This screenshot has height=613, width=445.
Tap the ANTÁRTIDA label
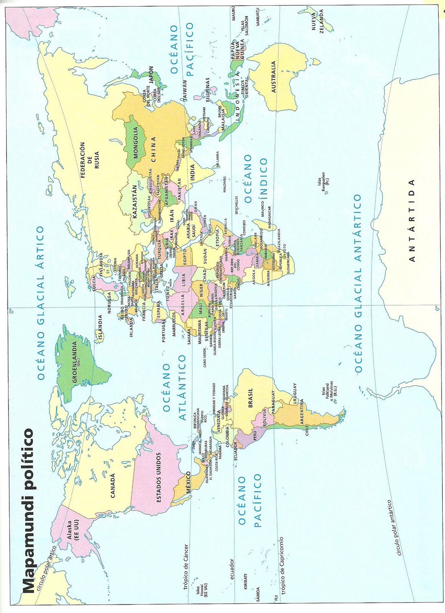click(412, 220)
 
